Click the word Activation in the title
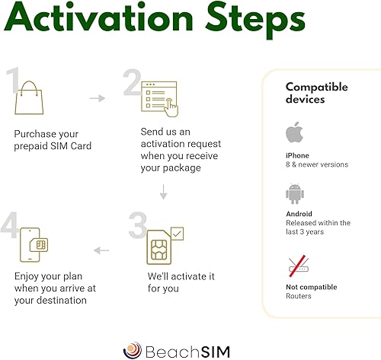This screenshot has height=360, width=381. pos(98,17)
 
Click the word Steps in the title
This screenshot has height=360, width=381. pos(255,21)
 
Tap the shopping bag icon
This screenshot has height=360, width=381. pos(29,97)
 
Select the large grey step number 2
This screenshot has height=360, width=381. pos(132,82)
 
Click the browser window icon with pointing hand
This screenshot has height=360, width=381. pos(159,99)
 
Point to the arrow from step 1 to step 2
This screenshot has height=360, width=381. pos(98,98)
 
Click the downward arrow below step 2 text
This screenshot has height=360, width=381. pos(163,192)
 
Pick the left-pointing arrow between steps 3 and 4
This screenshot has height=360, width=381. pos(101,250)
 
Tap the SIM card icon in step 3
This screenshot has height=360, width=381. pos(159,247)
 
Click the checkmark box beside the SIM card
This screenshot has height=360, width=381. pos(178,234)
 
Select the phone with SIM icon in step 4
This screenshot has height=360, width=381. pos(34,245)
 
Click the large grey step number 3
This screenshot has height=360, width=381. pos(138,225)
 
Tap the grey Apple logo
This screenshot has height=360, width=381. pos(294,132)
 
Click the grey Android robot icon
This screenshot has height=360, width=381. pos(295,194)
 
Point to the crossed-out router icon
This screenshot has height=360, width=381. pos(299,266)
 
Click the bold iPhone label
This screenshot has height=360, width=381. pos(297,155)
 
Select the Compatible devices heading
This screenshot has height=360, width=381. pos(317,93)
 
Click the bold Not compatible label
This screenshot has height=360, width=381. pos(312,287)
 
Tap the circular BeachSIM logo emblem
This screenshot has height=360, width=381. pos(133,350)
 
